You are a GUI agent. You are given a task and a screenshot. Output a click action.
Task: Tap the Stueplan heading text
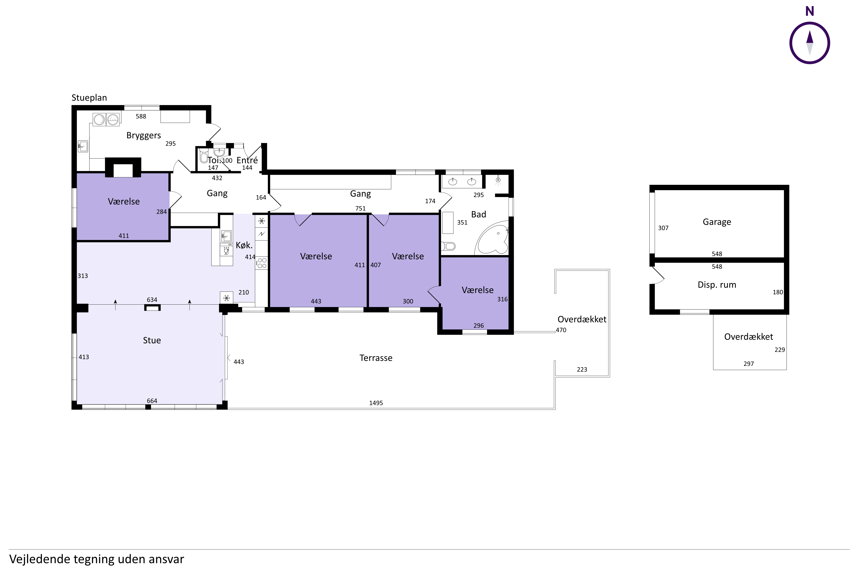coord(89,98)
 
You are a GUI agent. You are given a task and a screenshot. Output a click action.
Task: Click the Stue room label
coord(152,340)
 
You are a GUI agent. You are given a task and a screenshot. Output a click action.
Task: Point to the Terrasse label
coord(376,358)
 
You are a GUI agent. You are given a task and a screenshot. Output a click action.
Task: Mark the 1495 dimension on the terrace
coord(376,403)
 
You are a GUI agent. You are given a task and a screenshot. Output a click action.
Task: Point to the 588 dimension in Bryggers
coord(141,116)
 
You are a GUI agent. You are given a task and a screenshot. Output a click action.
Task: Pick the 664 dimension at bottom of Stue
coord(152,401)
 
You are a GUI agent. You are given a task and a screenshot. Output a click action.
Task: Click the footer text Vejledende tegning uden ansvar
coord(97,559)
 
